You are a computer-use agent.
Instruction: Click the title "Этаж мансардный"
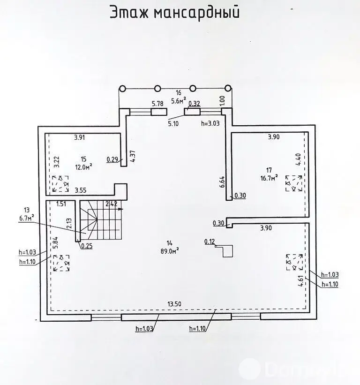click(174, 13)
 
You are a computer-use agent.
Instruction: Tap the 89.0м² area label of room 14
click(169, 250)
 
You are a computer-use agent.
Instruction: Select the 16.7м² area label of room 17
click(270, 177)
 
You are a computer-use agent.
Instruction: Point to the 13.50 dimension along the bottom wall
click(174, 304)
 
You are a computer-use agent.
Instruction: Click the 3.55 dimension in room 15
click(82, 190)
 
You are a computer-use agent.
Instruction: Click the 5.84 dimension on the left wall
click(55, 242)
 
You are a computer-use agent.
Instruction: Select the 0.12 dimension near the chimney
click(210, 242)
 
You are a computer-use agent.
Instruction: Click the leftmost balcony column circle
click(122, 88)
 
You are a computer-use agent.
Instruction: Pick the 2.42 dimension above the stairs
click(111, 204)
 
